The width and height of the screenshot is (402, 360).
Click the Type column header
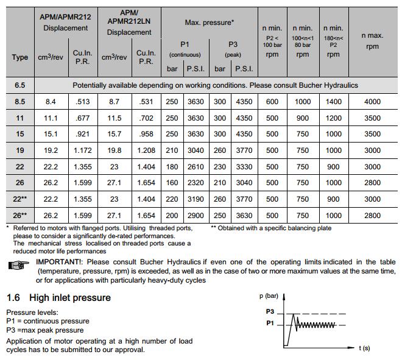tap(20, 57)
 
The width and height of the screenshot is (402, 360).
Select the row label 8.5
tap(20, 102)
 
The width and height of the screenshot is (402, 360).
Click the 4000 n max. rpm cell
tap(372, 102)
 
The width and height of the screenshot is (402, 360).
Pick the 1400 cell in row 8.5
tap(333, 102)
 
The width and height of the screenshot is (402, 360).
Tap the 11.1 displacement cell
tap(51, 118)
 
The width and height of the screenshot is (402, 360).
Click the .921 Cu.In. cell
tap(82, 134)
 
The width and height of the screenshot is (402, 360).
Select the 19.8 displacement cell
tap(114, 150)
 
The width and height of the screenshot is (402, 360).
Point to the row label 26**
tap(20, 216)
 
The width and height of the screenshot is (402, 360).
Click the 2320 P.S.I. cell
tap(196, 183)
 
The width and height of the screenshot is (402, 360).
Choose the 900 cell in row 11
tap(302, 118)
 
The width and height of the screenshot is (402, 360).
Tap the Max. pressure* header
tap(209, 22)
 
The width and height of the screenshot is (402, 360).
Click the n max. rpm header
tap(372, 41)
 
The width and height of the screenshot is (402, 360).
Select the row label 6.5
tap(20, 85)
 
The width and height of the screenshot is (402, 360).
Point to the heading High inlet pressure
tap(69, 298)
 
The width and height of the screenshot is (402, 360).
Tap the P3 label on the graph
tap(270, 311)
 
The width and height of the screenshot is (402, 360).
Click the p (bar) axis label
tap(268, 295)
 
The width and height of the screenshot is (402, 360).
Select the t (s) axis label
tap(364, 348)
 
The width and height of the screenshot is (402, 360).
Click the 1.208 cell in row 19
tap(146, 150)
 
